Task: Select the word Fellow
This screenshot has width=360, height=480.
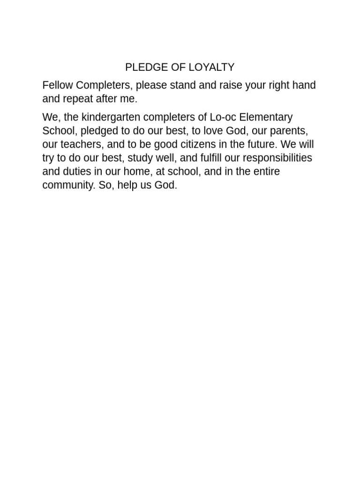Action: tap(58, 85)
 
